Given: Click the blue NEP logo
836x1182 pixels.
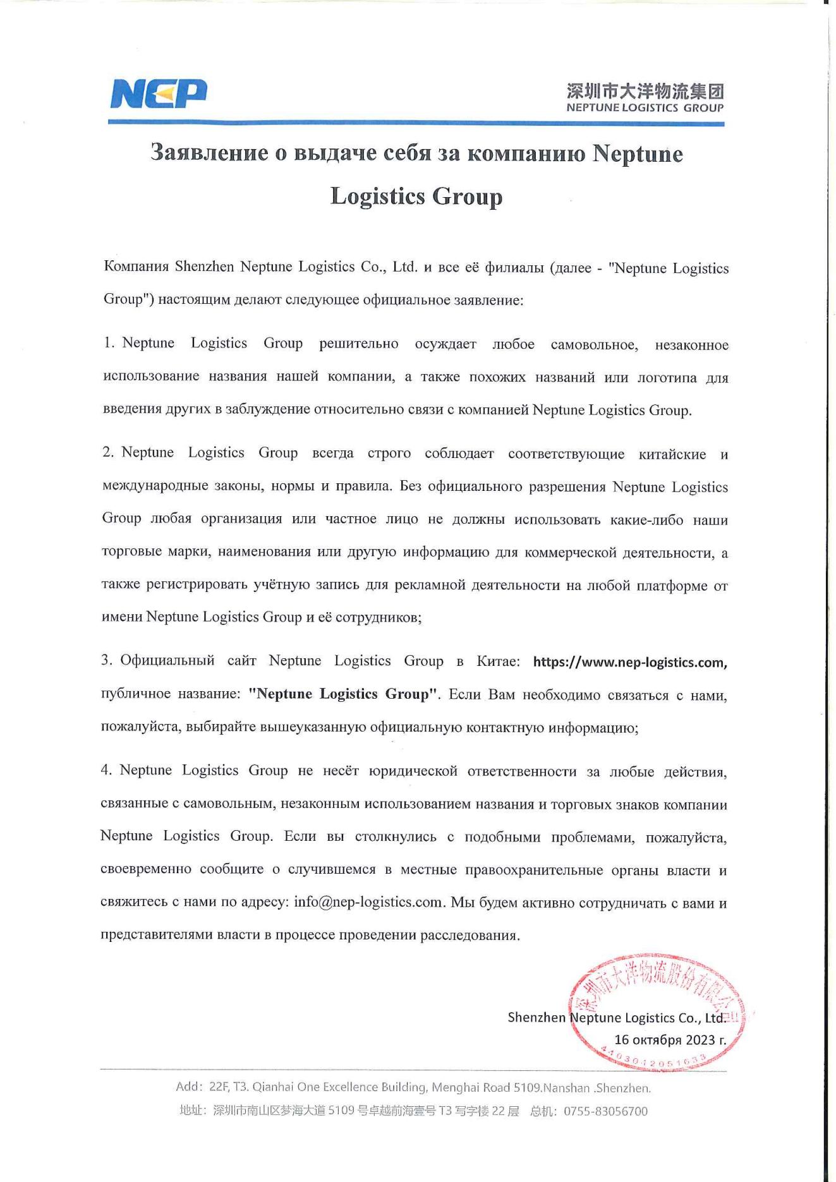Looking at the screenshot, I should pyautogui.click(x=159, y=94).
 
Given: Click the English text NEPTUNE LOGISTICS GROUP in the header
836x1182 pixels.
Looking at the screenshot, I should pyautogui.click(x=645, y=108).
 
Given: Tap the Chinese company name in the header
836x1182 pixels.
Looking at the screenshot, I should pyautogui.click(x=645, y=92).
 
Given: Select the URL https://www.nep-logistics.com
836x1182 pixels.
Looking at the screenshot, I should pyautogui.click(x=629, y=662).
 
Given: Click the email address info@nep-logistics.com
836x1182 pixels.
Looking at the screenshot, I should pyautogui.click(x=368, y=902).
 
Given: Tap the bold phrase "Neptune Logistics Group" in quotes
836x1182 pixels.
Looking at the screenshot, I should pyautogui.click(x=343, y=694).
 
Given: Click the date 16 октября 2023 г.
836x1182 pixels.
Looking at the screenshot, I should pyautogui.click(x=670, y=1039).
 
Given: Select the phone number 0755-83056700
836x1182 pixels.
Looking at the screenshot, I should pyautogui.click(x=605, y=1111).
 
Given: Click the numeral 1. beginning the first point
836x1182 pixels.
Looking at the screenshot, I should pyautogui.click(x=109, y=343).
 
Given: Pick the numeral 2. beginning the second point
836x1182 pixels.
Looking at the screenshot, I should pyautogui.click(x=108, y=452).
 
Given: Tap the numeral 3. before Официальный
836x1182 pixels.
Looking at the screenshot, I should pyautogui.click(x=107, y=661).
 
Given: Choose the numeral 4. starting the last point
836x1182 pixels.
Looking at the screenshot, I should pyautogui.click(x=106, y=770).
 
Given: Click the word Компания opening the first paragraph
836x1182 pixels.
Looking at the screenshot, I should pyautogui.click(x=136, y=267).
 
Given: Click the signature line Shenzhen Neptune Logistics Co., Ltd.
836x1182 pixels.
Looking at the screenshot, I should pyautogui.click(x=616, y=1017).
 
